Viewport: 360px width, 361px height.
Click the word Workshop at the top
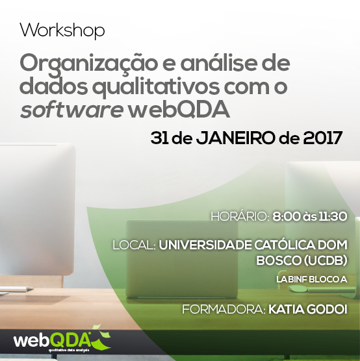click(62, 31)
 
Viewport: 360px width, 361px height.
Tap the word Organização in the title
click(89, 65)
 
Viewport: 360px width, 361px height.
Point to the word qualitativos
click(156, 87)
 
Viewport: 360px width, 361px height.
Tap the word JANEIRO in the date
click(235, 138)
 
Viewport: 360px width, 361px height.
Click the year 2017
click(323, 138)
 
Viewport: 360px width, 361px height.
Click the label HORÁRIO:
click(240, 216)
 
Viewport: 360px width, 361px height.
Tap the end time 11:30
click(333, 216)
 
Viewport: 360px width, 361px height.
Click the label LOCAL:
click(134, 245)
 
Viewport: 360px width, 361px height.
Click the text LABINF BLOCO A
click(312, 279)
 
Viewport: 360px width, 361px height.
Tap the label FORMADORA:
click(224, 309)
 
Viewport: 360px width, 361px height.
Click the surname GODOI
click(327, 309)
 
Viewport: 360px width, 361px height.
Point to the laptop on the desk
click(182, 260)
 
